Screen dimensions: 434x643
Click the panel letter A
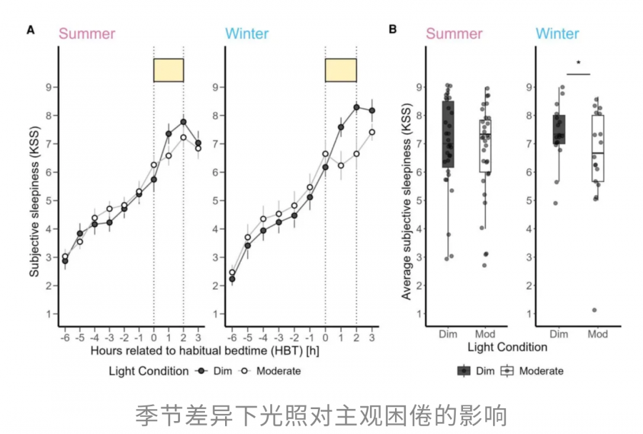pos(30,30)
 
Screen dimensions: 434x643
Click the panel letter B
pos(392,30)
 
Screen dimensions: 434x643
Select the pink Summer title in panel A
pos(86,34)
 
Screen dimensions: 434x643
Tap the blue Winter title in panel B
pos(557,34)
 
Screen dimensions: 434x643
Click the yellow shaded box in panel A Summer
pos(169,70)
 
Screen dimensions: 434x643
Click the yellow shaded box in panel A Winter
pos(341,70)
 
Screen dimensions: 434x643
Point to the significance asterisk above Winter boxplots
pos(579,64)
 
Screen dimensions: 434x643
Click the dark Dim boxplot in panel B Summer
pos(448,134)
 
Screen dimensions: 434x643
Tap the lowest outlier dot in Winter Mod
pos(594,310)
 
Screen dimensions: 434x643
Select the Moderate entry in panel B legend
pos(532,371)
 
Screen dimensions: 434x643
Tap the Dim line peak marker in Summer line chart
pos(183,121)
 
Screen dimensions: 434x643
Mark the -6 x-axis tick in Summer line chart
pos(64,337)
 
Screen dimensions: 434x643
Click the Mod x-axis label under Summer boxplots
pos(485,334)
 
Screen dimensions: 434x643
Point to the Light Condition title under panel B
pos(507,348)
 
